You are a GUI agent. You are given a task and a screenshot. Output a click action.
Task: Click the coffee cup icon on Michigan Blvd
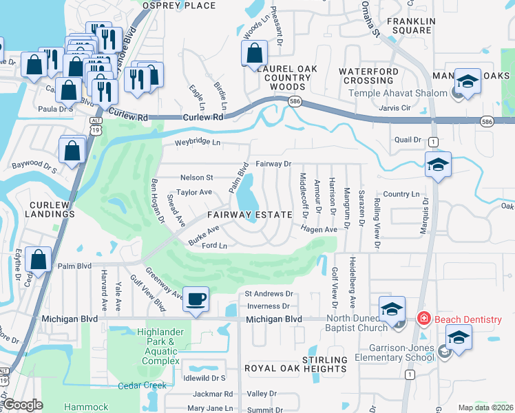click(x=197, y=299)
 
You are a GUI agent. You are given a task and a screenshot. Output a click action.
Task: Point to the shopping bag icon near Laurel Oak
click(x=254, y=52)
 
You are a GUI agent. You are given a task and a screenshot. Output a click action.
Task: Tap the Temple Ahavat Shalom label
click(x=398, y=94)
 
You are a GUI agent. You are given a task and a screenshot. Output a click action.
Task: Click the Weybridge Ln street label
click(x=197, y=142)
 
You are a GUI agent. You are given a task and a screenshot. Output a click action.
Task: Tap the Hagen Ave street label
click(x=317, y=229)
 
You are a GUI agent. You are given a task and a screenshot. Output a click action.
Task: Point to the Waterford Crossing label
click(x=368, y=76)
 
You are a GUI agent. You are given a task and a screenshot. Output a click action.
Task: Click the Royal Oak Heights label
click(x=286, y=368)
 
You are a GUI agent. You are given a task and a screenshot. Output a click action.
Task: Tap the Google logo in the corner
click(x=23, y=405)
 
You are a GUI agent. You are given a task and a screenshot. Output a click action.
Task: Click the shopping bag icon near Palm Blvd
click(x=39, y=260)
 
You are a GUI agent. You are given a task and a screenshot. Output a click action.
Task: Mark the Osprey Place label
click(x=178, y=6)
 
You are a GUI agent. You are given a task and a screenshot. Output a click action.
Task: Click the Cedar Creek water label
click(x=142, y=385)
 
